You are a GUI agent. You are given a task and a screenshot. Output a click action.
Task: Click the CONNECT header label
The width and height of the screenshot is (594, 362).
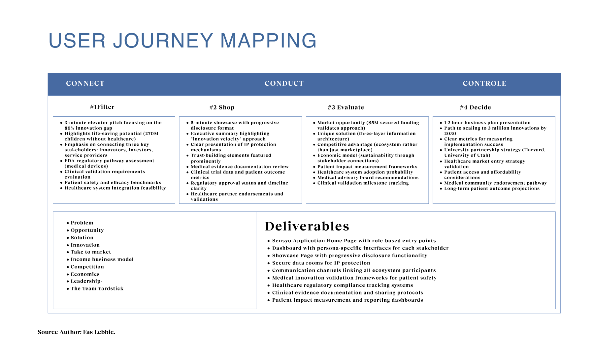pos(85,83)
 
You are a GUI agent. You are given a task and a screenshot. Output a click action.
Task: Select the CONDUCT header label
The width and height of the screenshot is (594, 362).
pos(284,83)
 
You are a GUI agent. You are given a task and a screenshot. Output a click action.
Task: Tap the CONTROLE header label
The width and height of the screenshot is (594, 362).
pos(484,83)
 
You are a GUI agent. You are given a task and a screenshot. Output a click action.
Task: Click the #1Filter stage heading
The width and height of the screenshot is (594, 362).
pos(102,107)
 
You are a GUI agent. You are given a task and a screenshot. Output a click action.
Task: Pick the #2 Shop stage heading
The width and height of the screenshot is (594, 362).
pos(222,107)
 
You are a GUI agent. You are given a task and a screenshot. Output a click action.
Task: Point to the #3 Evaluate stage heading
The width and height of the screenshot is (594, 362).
pos(346,107)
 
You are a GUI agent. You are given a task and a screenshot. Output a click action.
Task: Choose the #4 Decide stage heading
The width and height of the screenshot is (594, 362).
pos(476,107)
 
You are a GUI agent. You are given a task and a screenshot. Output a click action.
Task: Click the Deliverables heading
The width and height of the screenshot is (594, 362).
pos(307,226)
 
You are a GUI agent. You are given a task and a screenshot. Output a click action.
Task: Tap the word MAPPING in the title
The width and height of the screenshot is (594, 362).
pos(268,41)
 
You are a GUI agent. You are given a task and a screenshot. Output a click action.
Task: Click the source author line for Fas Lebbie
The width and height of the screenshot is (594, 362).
pos(77,332)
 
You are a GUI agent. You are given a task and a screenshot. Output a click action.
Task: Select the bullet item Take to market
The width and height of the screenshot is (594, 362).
pos(91,252)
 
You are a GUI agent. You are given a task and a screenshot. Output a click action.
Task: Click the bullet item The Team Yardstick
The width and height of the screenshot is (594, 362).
pos(97,288)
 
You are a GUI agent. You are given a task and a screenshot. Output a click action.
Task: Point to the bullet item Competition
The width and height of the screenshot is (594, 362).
pos(87,267)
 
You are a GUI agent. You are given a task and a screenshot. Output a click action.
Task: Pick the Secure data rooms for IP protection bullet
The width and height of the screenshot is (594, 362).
pos(321,263)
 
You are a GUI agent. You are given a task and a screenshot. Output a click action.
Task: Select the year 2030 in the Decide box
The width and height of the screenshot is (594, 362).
pos(450,134)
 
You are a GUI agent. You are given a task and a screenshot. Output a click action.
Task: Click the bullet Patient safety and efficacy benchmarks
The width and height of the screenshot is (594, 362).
pos(113,183)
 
